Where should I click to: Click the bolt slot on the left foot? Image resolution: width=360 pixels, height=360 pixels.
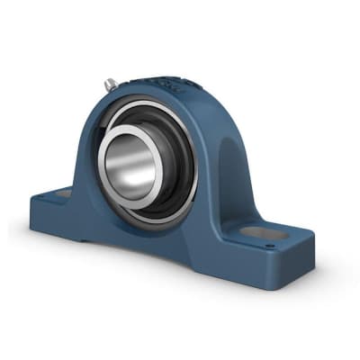[x=63, y=193]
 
